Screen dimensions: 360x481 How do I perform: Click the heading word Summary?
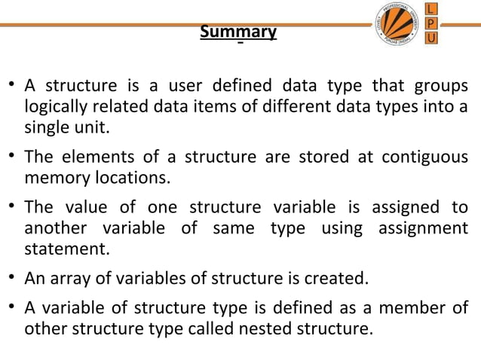[x=238, y=33]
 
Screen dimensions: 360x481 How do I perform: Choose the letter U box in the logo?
[x=431, y=38]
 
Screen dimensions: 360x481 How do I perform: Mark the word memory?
[x=53, y=179]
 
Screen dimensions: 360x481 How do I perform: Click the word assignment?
[x=425, y=228]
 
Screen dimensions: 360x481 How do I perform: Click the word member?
[x=413, y=308]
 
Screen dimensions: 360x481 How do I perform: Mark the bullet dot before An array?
[x=13, y=278]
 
